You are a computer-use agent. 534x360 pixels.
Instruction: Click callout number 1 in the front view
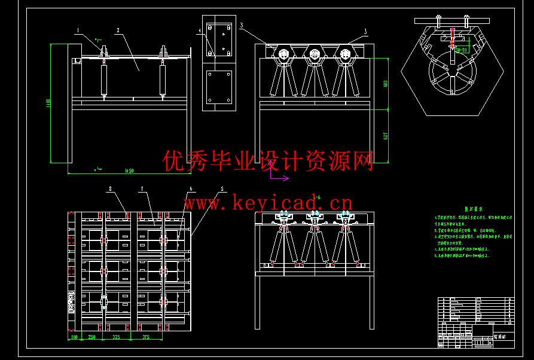pyautogui.click(x=78, y=29)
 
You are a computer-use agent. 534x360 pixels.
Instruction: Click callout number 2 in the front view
pyautogui.click(x=118, y=29)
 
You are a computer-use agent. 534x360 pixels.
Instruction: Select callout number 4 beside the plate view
pyautogui.click(x=199, y=29)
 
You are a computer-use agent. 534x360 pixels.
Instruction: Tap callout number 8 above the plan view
pyautogui.click(x=111, y=188)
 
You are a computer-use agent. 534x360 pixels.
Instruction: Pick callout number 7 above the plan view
pyautogui.click(x=142, y=188)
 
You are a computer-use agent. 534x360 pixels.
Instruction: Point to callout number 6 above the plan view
pyautogui.click(x=191, y=188)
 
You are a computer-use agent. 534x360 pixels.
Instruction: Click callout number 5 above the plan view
pyautogui.click(x=222, y=188)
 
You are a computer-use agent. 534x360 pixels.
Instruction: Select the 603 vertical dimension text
pyautogui.click(x=386, y=84)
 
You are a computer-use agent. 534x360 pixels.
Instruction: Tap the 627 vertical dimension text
pyautogui.click(x=386, y=136)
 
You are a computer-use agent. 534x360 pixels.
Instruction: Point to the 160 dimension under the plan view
pyautogui.click(x=75, y=338)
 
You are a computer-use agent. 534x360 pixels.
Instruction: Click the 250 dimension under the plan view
pyautogui.click(x=92, y=338)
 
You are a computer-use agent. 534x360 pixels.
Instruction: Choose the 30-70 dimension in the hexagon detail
pyautogui.click(x=462, y=51)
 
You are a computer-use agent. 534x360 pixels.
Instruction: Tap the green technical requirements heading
pyautogui.click(x=474, y=209)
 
